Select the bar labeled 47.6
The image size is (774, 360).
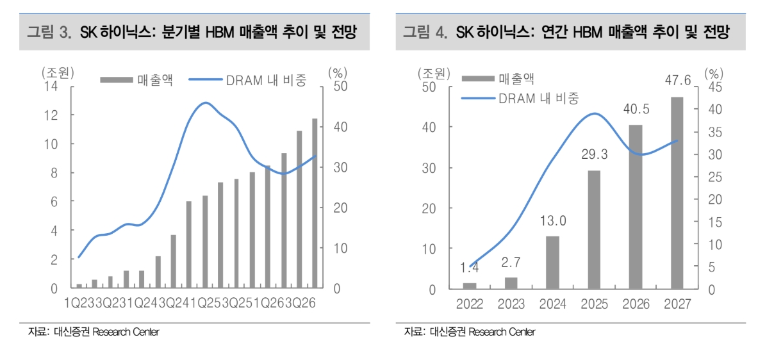[677, 193]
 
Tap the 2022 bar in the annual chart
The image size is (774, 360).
[470, 285]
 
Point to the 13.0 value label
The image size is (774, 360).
[552, 221]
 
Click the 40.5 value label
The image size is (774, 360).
[636, 110]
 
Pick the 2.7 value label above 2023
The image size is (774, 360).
[511, 263]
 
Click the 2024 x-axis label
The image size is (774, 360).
[552, 304]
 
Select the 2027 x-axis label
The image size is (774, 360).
[677, 304]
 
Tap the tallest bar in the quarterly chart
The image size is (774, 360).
[315, 203]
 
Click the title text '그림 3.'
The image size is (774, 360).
[48, 32]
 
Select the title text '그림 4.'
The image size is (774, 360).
[424, 32]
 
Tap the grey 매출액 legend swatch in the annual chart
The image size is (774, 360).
[477, 79]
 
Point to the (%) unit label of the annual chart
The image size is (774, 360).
[716, 72]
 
